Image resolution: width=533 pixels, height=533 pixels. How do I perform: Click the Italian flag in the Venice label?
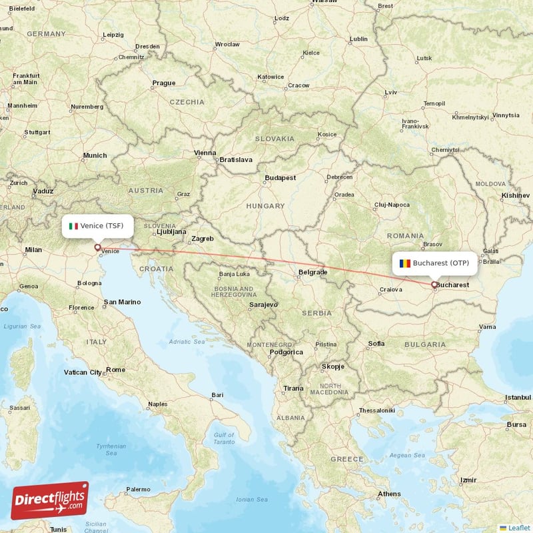click(74, 226)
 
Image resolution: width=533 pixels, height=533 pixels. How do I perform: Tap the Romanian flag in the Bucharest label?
click(404, 263)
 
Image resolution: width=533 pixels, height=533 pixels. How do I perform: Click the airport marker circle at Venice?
click(97, 247)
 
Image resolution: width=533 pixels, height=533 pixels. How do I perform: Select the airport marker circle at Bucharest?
click(434, 285)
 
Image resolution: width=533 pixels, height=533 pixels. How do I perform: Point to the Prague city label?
click(163, 83)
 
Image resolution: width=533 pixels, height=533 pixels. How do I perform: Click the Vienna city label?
click(205, 153)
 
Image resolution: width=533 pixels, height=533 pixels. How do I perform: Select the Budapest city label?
click(280, 178)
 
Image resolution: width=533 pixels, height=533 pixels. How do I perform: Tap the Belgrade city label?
click(312, 272)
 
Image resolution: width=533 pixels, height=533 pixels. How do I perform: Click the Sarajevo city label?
click(263, 304)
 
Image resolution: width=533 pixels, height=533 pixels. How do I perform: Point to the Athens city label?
click(389, 494)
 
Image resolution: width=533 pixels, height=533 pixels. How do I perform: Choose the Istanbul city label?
click(517, 397)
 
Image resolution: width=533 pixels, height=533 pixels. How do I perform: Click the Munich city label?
click(95, 155)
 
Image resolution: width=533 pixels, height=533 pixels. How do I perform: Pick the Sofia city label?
click(376, 344)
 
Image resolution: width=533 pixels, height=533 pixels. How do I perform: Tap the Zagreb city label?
click(203, 239)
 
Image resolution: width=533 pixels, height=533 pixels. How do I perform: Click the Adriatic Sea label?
click(187, 342)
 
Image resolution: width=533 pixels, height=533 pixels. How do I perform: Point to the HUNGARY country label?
click(265, 207)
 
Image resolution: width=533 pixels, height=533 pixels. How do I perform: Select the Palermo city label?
click(139, 489)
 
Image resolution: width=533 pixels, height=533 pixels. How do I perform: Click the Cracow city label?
click(298, 85)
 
